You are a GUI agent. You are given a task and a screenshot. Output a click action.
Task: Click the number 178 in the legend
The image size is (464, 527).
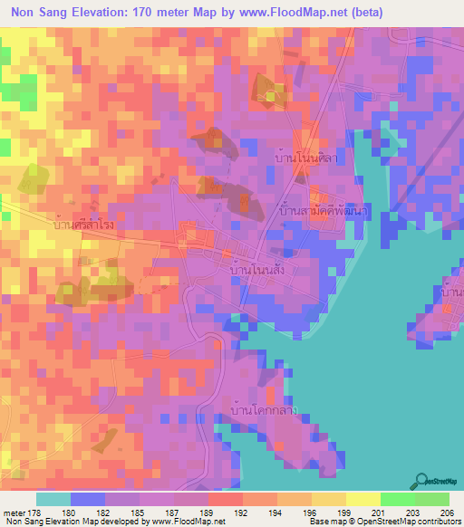(34, 512)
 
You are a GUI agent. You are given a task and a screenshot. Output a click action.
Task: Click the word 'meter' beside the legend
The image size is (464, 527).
(14, 512)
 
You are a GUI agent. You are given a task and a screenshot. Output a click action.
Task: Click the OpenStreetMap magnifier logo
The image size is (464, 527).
(422, 482)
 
